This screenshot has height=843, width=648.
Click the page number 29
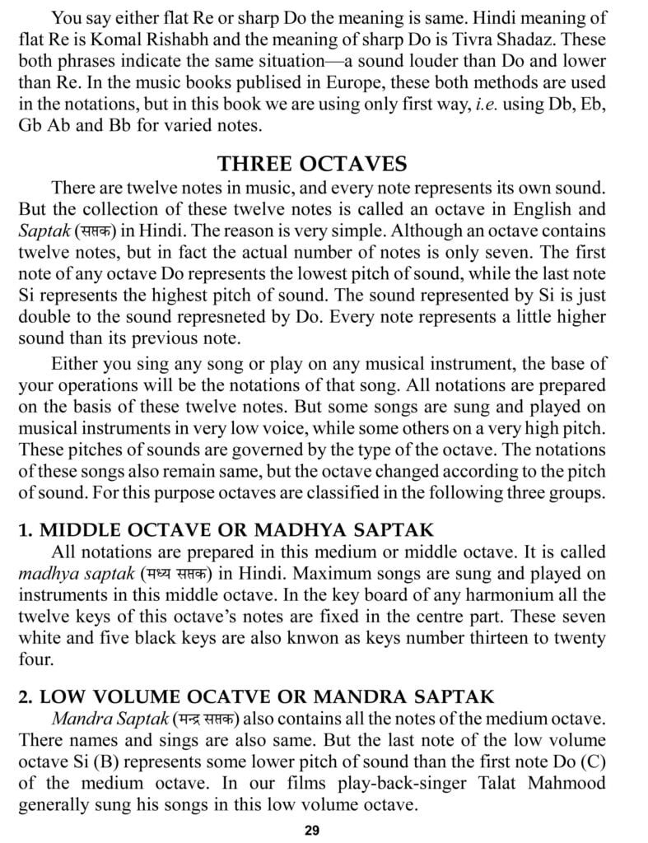click(311, 830)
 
